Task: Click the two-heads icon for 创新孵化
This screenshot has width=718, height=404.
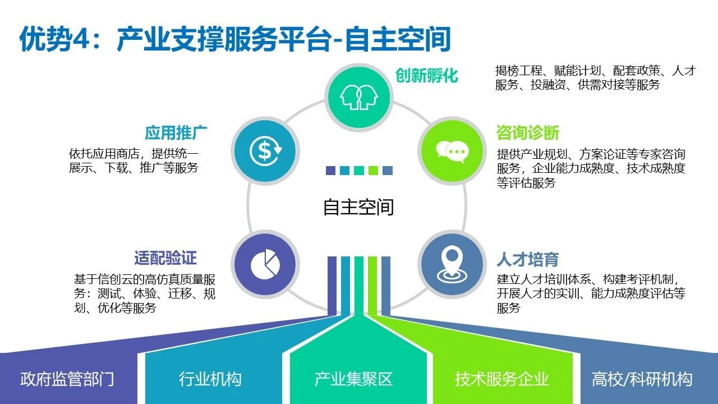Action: click(x=358, y=97)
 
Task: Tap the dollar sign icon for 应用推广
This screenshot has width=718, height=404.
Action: click(x=265, y=151)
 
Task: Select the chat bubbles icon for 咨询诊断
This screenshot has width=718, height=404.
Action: click(x=452, y=151)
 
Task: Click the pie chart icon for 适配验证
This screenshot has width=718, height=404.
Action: click(x=265, y=264)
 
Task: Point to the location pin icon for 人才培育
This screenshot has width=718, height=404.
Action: click(x=452, y=264)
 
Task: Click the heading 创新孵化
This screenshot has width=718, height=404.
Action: click(x=427, y=76)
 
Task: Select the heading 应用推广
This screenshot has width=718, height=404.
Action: click(x=176, y=133)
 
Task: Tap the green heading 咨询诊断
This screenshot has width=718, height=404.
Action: click(x=528, y=133)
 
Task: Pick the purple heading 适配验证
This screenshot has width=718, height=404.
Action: click(x=165, y=258)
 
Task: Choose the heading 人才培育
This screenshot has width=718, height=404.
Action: click(x=528, y=259)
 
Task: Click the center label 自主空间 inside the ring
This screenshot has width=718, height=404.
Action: click(x=358, y=207)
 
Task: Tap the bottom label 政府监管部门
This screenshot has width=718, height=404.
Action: click(x=67, y=379)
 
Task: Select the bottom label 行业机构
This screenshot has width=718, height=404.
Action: click(x=210, y=379)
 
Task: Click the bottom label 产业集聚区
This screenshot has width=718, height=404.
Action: click(x=353, y=379)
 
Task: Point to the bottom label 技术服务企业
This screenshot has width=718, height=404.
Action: click(x=501, y=379)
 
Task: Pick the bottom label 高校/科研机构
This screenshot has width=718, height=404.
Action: click(x=642, y=379)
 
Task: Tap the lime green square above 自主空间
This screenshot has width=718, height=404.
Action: click(x=373, y=170)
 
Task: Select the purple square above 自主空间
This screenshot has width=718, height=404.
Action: click(x=330, y=170)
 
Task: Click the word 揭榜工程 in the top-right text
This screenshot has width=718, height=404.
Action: click(x=519, y=71)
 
